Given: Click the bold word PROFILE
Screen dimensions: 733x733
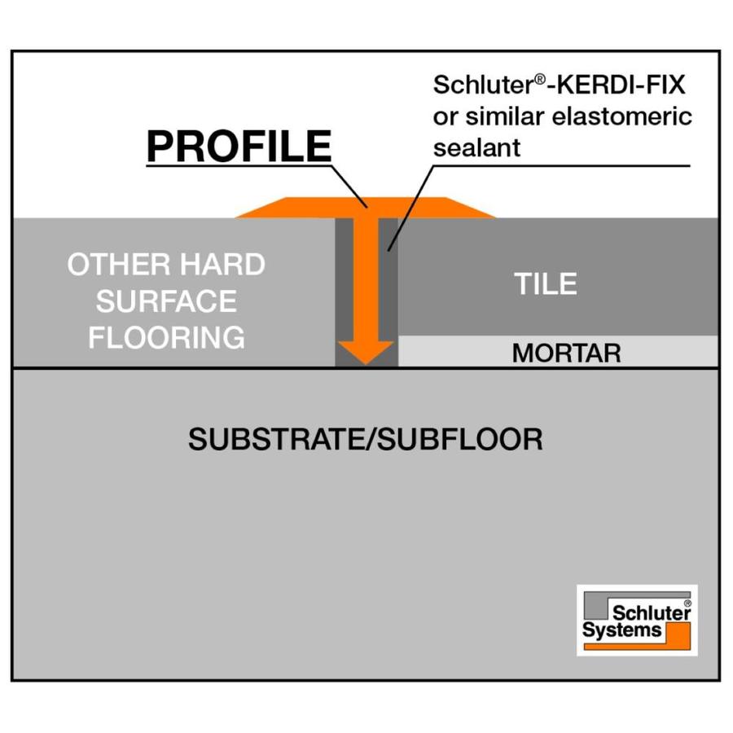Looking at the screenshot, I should pos(239,147).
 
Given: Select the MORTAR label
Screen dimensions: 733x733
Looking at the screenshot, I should pos(566,353).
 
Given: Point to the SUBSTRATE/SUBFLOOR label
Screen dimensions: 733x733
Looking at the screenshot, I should pos(366,440).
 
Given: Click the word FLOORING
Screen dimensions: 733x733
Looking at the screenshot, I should pos(166,337).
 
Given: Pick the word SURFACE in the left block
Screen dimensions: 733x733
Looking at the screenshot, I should pos(166,301).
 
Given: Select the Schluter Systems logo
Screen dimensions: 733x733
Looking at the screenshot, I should pos(637,620).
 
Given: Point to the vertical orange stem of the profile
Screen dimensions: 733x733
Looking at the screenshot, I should pos(366,277).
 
